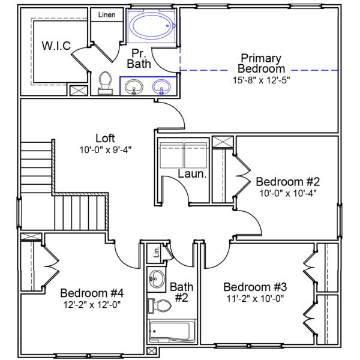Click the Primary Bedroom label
(261, 63)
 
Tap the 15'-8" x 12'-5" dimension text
(261, 79)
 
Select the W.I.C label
(56, 46)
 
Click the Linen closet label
(107, 14)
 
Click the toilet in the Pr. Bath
(106, 82)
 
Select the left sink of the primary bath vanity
(134, 88)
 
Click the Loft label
(105, 138)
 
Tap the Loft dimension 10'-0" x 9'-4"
(105, 149)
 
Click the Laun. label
(193, 175)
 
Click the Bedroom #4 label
(92, 293)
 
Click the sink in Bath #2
(158, 278)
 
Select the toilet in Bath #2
(160, 305)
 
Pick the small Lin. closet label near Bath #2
(156, 253)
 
